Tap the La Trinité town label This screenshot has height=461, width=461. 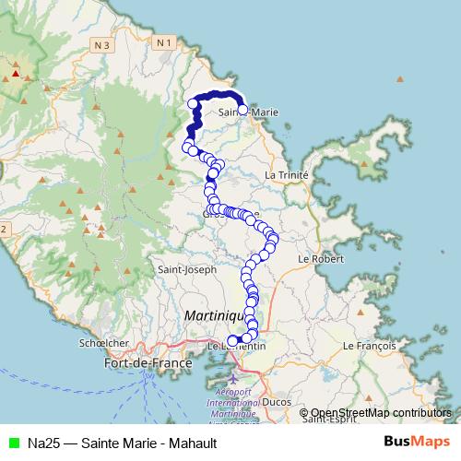(284, 174)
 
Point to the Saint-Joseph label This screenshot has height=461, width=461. (187, 270)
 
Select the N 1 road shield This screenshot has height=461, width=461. (164, 42)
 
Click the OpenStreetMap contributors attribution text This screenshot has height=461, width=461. (381, 413)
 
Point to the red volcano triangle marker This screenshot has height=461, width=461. (16, 70)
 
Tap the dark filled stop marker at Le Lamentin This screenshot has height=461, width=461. (231, 340)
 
